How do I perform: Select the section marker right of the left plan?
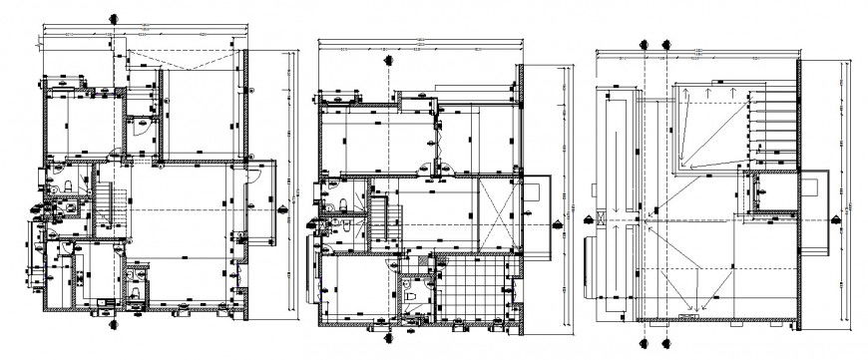tap(286, 205)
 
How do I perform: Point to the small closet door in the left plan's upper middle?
tap(141, 125)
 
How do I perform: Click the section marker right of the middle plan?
tap(557, 223)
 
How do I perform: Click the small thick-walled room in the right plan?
tap(769, 191)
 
